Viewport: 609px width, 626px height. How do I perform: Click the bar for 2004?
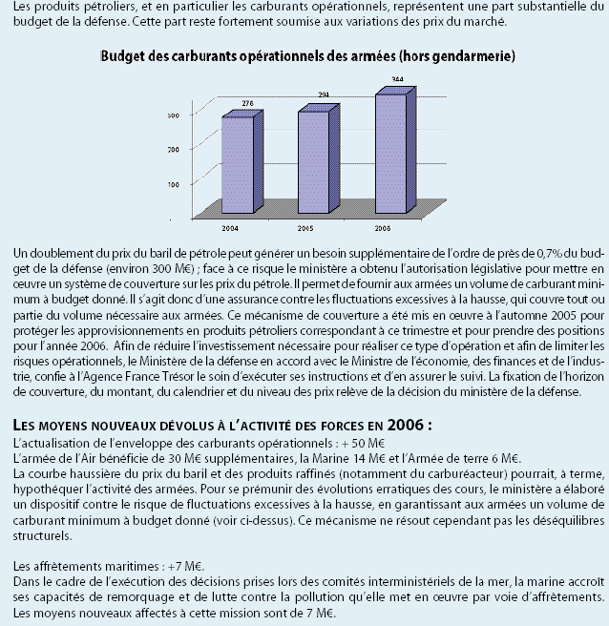pyautogui.click(x=237, y=157)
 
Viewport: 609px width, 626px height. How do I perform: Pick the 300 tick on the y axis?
pyautogui.click(x=173, y=115)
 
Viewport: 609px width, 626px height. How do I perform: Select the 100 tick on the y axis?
pyautogui.click(x=173, y=182)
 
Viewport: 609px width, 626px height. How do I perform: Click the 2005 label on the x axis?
pyautogui.click(x=306, y=230)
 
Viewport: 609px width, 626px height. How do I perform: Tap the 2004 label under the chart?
pyautogui.click(x=231, y=230)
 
